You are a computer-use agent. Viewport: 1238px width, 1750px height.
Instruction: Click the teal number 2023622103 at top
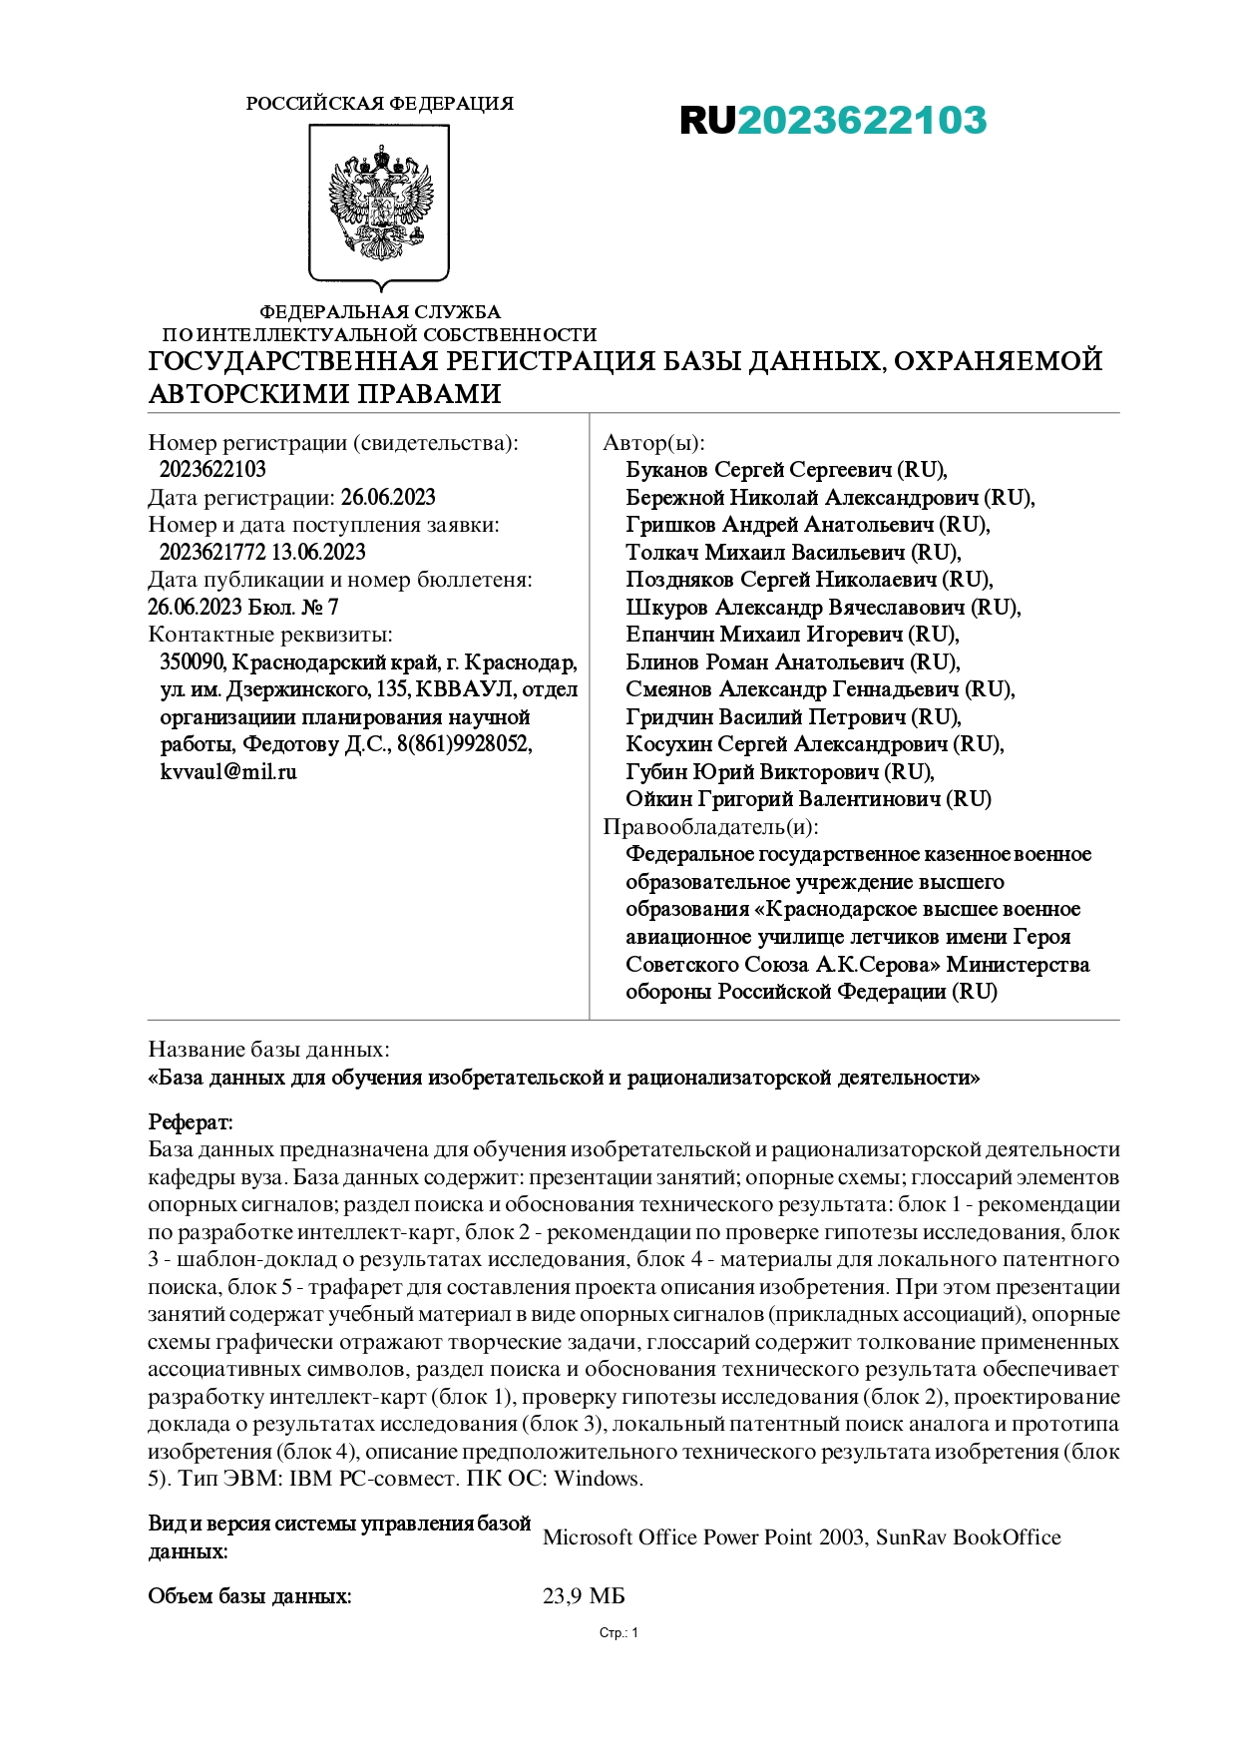point(862,121)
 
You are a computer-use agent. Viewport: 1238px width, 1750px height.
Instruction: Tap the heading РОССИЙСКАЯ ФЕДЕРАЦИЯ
point(379,104)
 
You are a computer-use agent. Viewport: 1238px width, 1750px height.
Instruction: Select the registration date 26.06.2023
point(388,498)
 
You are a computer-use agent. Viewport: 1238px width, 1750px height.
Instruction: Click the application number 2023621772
point(212,553)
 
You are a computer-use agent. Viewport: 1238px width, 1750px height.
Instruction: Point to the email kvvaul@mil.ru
point(228,772)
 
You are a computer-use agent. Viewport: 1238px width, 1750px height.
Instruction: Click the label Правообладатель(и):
point(710,827)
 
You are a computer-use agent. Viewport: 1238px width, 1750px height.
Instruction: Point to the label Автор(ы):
point(653,443)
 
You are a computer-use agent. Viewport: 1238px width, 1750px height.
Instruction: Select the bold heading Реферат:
point(191,1122)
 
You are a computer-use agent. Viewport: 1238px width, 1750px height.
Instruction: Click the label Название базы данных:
point(268,1050)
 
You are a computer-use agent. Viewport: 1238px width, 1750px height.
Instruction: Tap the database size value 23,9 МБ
point(584,1596)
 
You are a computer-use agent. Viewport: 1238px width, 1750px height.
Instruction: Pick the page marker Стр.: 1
point(619,1633)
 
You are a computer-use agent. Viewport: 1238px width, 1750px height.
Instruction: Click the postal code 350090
point(193,662)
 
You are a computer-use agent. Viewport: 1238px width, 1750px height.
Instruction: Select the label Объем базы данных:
point(249,1596)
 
